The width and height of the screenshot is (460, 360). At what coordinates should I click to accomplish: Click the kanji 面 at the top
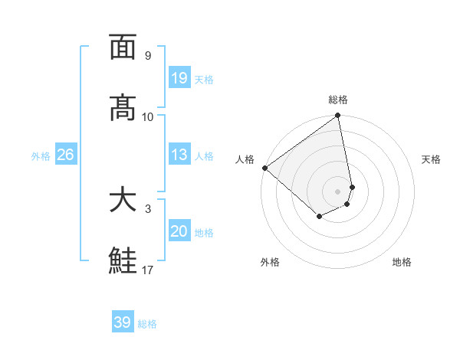tap(123, 47)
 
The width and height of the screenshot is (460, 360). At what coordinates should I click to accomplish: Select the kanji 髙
tap(123, 108)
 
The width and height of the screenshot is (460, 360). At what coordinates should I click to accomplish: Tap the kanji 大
tap(123, 200)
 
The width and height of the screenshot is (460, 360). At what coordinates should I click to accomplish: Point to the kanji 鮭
tap(123, 261)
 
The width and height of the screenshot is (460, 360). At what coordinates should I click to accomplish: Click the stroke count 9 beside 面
tap(147, 56)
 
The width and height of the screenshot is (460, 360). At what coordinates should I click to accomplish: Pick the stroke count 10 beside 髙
tap(148, 117)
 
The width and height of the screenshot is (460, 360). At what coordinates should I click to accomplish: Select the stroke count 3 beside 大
tap(147, 208)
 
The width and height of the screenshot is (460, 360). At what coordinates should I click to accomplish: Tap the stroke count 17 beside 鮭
tap(148, 270)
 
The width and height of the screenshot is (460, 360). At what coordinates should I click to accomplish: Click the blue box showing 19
tap(179, 78)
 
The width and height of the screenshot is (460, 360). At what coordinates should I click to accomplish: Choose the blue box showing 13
tap(179, 155)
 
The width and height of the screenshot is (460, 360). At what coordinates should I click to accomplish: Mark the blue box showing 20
tap(179, 231)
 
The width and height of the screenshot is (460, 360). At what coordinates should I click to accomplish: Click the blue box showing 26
tap(65, 155)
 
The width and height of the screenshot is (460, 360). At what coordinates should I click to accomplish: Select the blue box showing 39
tap(122, 323)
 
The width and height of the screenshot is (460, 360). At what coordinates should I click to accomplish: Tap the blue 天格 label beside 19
tap(204, 80)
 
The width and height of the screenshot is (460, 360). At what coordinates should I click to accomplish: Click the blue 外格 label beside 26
tap(41, 156)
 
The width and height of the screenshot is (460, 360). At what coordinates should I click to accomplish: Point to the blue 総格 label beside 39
tap(147, 324)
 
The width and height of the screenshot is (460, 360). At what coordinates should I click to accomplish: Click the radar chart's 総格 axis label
tap(338, 100)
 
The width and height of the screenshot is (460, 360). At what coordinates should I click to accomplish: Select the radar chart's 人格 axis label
tap(245, 159)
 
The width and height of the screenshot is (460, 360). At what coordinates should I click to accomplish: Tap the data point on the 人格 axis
tap(264, 168)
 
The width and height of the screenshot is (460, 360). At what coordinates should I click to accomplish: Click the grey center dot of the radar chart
tap(338, 191)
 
